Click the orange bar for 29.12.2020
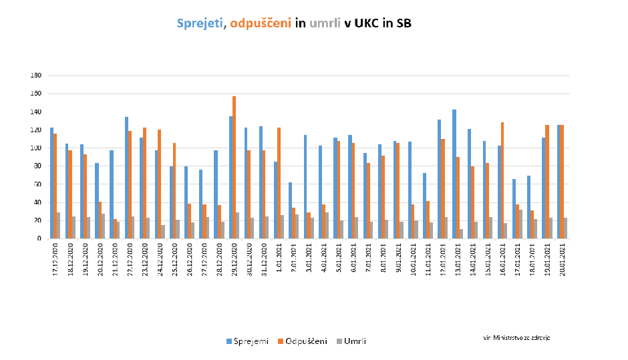click(234, 167)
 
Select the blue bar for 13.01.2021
click(454, 174)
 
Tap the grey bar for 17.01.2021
click(521, 224)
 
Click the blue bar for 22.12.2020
click(126, 178)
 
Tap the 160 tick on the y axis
click(37, 94)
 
